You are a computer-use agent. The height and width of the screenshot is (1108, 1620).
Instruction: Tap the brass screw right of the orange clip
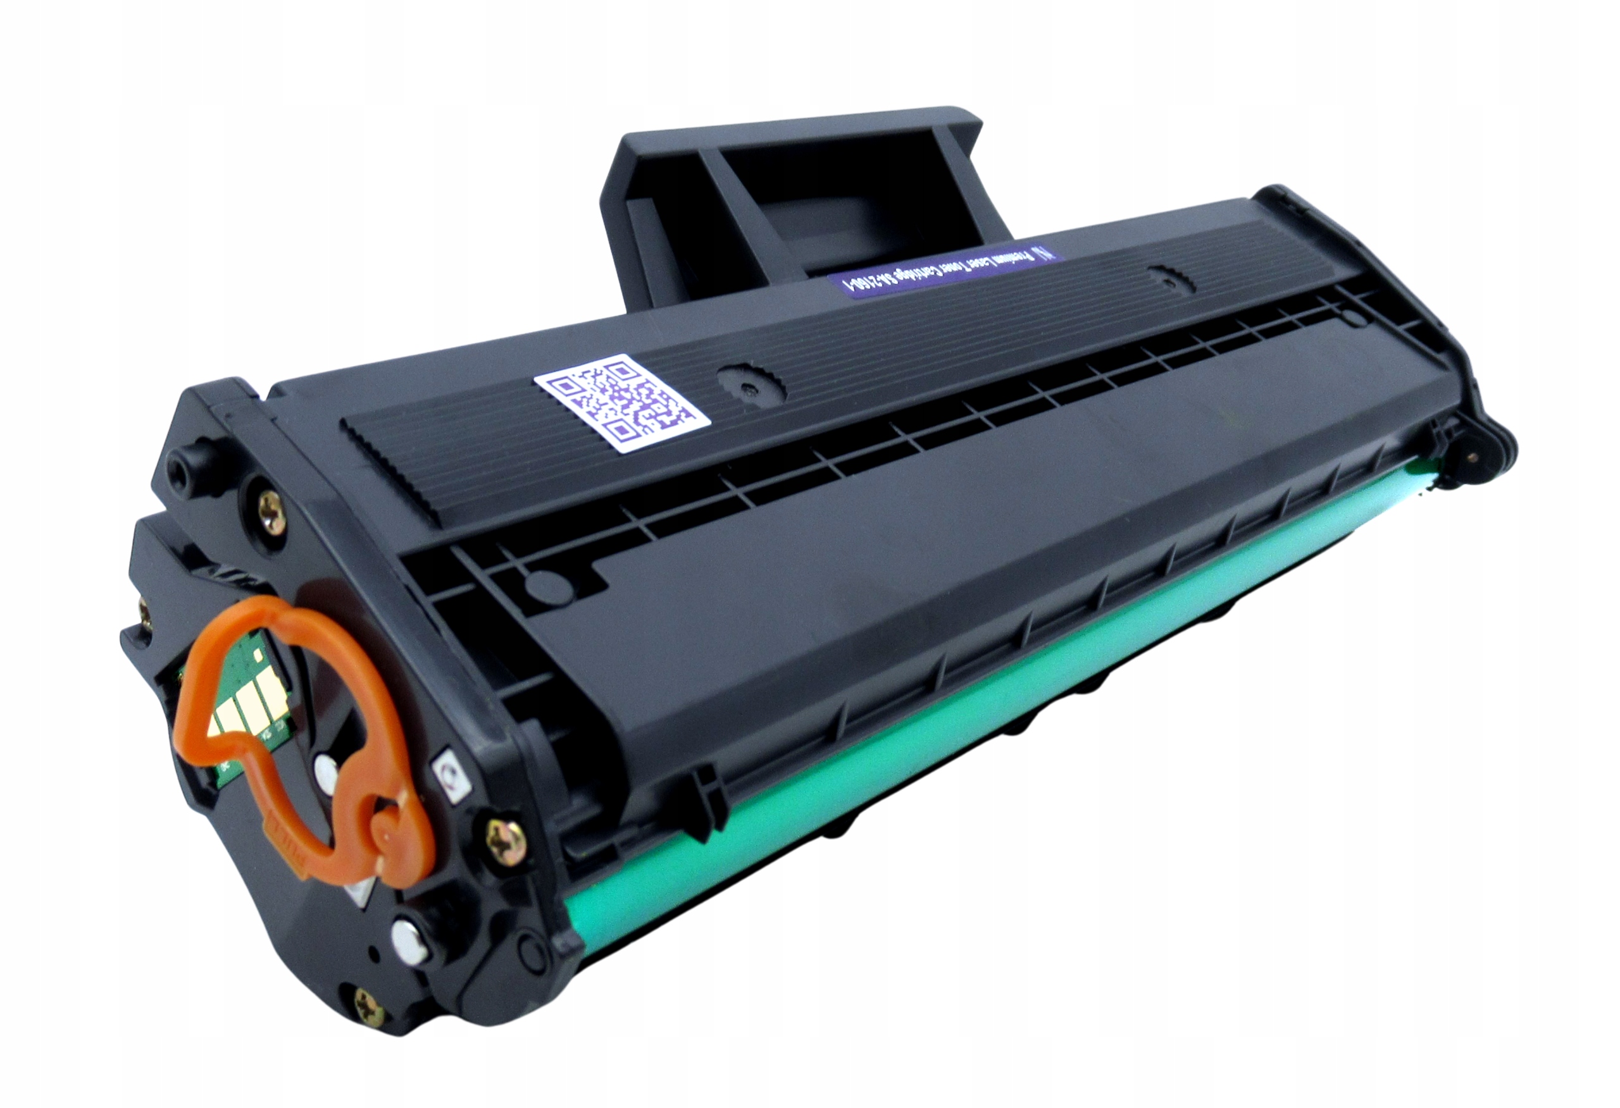502,834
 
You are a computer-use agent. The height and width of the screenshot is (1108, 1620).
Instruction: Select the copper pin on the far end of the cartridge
1471,457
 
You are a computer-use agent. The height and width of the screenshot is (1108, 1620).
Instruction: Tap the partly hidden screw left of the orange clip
146,614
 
